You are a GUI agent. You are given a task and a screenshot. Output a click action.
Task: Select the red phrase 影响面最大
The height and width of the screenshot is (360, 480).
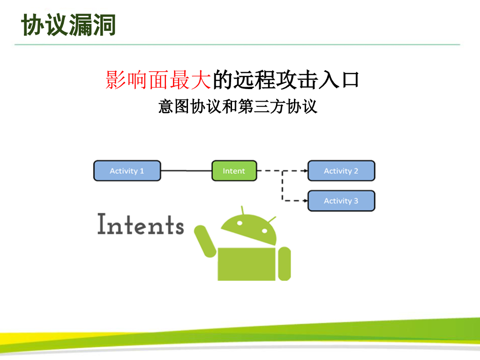click(x=159, y=80)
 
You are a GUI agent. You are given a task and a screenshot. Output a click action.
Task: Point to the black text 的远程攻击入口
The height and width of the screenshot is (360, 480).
click(x=286, y=80)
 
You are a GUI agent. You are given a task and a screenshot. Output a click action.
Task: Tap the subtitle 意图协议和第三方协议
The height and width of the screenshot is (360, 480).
click(x=238, y=106)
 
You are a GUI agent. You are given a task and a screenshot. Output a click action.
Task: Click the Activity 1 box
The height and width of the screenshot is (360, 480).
click(x=127, y=171)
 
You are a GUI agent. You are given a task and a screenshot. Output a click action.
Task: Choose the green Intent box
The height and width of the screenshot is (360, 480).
click(x=234, y=171)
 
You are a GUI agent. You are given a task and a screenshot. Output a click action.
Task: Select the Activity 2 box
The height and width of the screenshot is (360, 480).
click(x=341, y=171)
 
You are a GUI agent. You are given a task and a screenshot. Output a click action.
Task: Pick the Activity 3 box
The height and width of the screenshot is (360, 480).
click(x=341, y=201)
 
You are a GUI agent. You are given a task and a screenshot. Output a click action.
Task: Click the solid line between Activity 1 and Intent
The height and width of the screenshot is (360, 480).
click(x=186, y=171)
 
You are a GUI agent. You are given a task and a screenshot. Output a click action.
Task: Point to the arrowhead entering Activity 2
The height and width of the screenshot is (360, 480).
click(x=305, y=171)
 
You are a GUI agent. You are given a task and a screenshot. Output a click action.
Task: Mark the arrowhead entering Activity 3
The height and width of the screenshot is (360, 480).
click(x=305, y=201)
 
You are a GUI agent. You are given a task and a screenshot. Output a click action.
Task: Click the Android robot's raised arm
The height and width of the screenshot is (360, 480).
click(x=205, y=241)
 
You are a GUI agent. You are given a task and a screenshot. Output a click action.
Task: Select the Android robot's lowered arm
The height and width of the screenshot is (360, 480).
click(x=284, y=263)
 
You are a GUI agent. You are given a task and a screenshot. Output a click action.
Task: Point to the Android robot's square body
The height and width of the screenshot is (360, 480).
click(x=247, y=264)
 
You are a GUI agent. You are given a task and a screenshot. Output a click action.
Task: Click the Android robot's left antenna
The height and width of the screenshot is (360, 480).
click(x=242, y=210)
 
